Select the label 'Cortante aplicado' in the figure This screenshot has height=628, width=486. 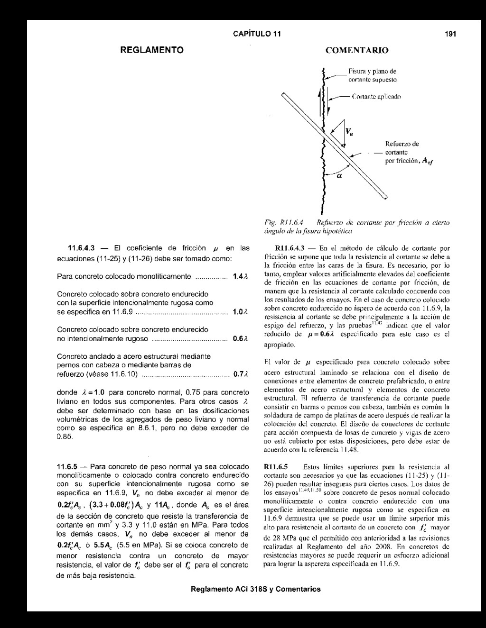(377, 96)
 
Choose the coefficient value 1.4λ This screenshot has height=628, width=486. (239, 276)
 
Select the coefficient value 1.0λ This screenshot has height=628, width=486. (239, 312)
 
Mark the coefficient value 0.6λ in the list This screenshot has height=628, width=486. (239, 339)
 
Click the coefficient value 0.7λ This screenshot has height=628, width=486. (239, 374)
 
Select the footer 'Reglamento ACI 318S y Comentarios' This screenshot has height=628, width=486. (255, 589)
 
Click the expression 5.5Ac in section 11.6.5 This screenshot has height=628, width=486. (104, 545)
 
